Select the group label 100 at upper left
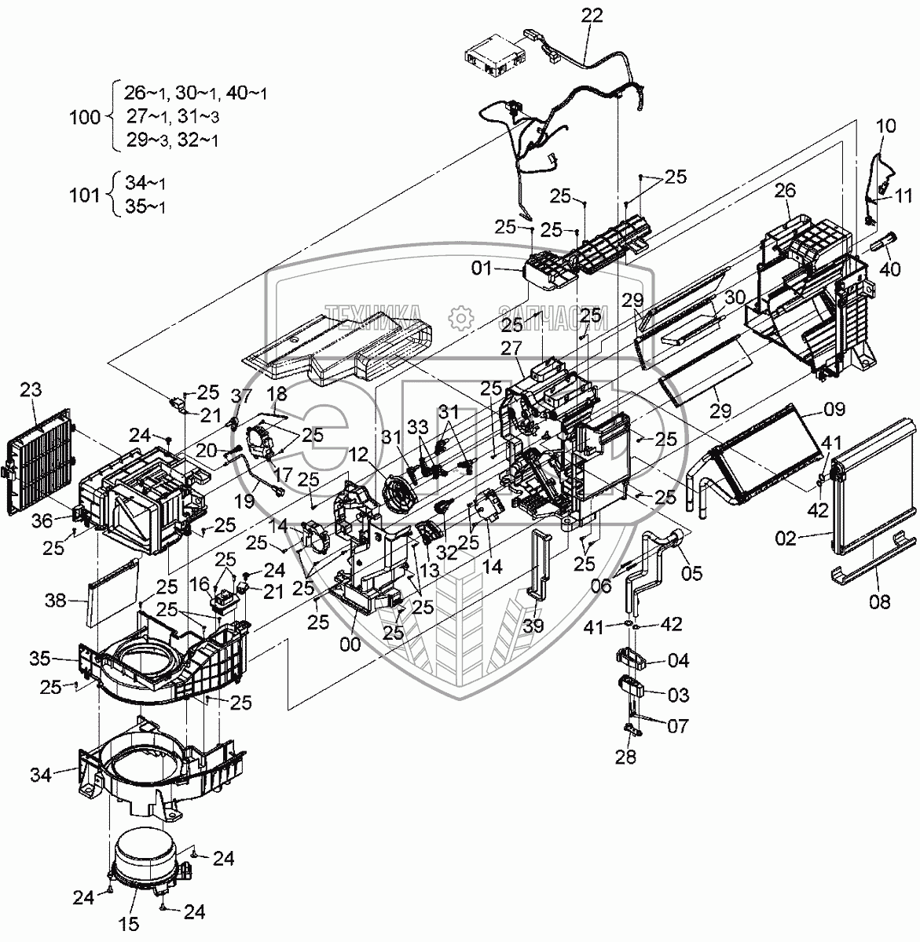(86, 118)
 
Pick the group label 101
(86, 195)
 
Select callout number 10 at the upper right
(885, 126)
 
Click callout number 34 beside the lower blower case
(63, 776)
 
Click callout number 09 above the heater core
(834, 409)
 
